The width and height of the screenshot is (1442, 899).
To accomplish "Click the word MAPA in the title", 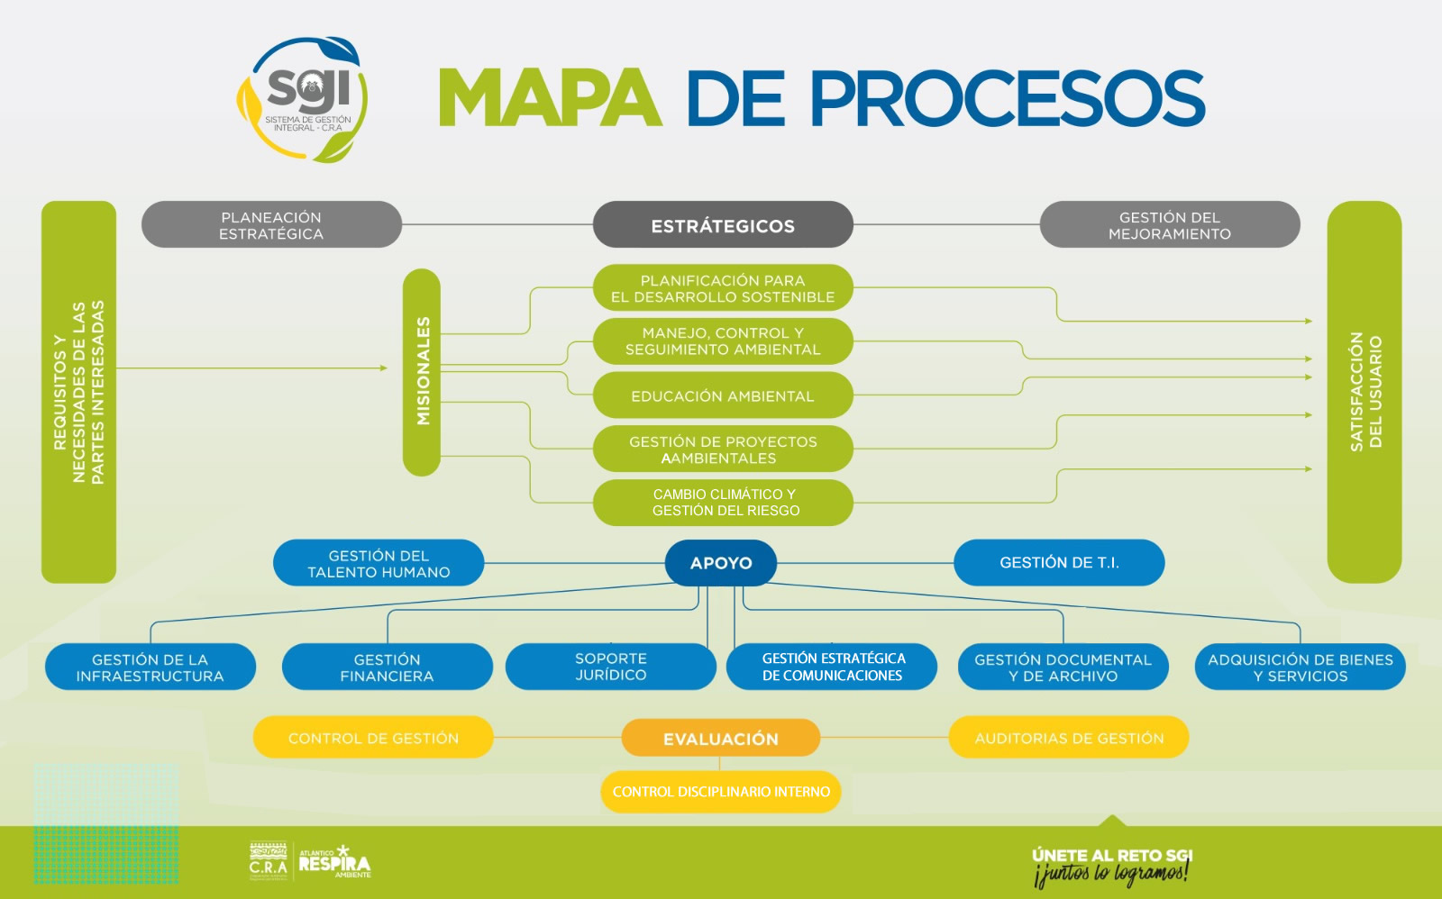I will click(x=549, y=97).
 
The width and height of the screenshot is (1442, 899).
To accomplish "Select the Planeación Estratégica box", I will click(x=271, y=225).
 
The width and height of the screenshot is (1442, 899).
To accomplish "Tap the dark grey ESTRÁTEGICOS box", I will click(x=723, y=225).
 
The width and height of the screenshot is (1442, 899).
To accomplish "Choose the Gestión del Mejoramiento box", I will click(x=1169, y=225).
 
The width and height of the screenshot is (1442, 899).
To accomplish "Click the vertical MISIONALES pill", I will click(x=422, y=371).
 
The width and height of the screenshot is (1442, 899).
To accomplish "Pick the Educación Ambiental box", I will click(x=723, y=396).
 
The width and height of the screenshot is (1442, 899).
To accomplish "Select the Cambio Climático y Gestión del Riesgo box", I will click(x=723, y=503).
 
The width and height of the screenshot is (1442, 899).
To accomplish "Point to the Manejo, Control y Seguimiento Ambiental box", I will click(x=723, y=341).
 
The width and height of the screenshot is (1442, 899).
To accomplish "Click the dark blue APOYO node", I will click(x=721, y=563).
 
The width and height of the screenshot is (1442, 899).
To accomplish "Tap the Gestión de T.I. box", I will click(x=1059, y=563).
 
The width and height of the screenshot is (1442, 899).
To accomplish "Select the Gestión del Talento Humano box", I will click(x=379, y=564).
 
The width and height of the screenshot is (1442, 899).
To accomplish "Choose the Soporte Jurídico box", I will click(x=610, y=667).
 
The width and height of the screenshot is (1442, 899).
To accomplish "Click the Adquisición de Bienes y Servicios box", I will click(x=1300, y=667).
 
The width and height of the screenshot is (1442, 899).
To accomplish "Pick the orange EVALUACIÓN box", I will click(x=721, y=739).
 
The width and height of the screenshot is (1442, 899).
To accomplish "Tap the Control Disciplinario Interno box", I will click(x=721, y=792).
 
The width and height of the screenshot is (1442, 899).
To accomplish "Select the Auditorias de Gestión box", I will click(x=1069, y=738).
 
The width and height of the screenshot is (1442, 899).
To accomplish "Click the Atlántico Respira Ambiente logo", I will click(x=333, y=862).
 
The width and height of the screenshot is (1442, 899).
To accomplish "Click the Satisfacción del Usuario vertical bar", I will click(x=1364, y=392).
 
